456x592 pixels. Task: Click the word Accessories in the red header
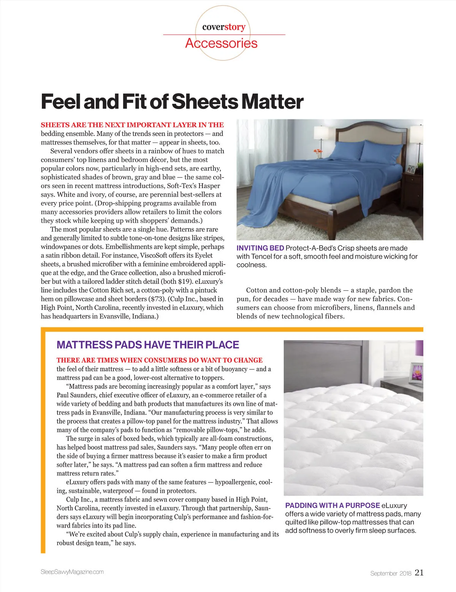point(221,43)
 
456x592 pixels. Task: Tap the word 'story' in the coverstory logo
point(235,27)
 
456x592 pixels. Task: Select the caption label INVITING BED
point(260,248)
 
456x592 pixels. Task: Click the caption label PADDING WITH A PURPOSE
point(332,505)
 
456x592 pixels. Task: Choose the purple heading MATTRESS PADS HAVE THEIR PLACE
point(148,345)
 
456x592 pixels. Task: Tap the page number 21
point(419,572)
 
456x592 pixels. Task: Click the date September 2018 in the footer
point(391,573)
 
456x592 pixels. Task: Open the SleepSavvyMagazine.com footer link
point(72,572)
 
